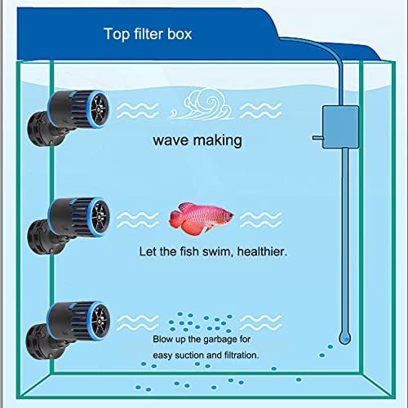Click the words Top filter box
(148, 34)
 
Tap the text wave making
(197, 140)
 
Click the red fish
(201, 218)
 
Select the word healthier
(262, 251)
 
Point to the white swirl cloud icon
(202, 104)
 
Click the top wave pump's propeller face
(99, 109)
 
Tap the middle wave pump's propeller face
(100, 217)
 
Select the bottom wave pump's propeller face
(100, 321)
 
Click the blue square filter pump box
(340, 127)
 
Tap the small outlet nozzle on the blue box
(317, 138)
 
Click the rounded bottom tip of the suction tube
(345, 339)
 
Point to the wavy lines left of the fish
(138, 220)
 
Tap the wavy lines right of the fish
(261, 220)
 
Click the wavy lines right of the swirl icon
(261, 111)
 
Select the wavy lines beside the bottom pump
(138, 322)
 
